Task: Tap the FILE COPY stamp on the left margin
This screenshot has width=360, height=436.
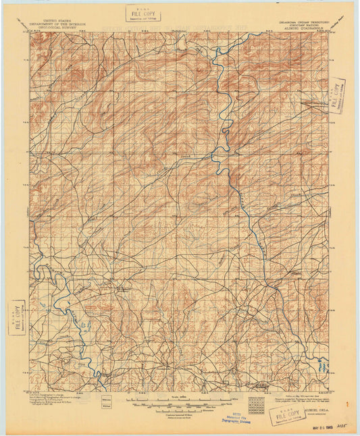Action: tap(16, 317)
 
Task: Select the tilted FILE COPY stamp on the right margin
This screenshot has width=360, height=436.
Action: tap(336, 95)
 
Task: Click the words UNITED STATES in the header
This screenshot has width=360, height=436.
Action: tap(57, 21)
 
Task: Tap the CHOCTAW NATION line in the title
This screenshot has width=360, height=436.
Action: tap(299, 25)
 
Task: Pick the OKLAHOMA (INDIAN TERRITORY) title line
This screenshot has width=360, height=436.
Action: tap(299, 22)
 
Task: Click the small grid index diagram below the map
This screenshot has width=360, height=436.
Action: tap(257, 404)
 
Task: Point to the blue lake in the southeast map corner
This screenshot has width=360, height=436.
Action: tap(322, 368)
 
